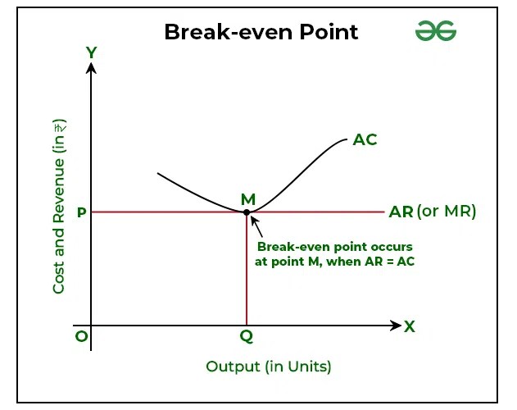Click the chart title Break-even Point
point(261,33)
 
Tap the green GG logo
point(435,32)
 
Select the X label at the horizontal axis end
point(410,326)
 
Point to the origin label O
point(79,336)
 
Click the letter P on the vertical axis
point(81,212)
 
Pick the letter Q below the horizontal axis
point(246,336)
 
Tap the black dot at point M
point(247,212)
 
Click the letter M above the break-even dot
point(247,199)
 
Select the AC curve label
point(365,139)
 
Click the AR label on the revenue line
point(401,212)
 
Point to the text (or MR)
point(447,212)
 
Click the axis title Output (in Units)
point(269,366)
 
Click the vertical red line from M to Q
point(247,271)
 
